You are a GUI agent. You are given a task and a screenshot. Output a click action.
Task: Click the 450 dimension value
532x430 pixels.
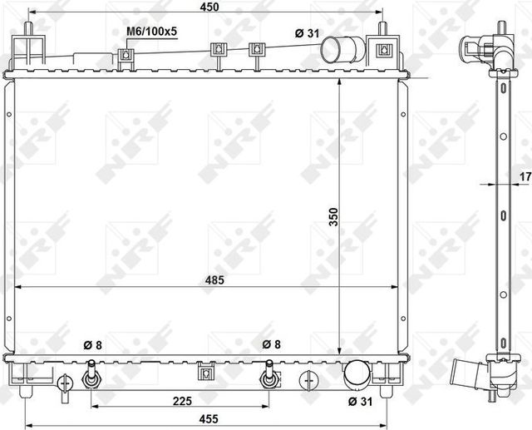click(209, 7)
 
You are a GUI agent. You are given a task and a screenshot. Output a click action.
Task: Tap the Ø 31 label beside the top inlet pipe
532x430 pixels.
click(307, 32)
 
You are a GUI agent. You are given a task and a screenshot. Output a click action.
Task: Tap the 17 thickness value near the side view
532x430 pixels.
click(524, 176)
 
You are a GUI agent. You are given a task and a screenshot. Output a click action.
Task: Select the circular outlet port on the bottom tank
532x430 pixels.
click(357, 374)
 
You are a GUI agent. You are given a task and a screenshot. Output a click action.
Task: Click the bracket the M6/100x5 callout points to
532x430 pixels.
click(127, 56)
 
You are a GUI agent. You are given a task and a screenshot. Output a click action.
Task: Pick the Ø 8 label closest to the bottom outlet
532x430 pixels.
click(272, 344)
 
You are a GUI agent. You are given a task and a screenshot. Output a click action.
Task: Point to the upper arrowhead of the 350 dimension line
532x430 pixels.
click(339, 84)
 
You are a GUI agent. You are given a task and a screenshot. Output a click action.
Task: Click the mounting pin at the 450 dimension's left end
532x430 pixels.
click(30, 28)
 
